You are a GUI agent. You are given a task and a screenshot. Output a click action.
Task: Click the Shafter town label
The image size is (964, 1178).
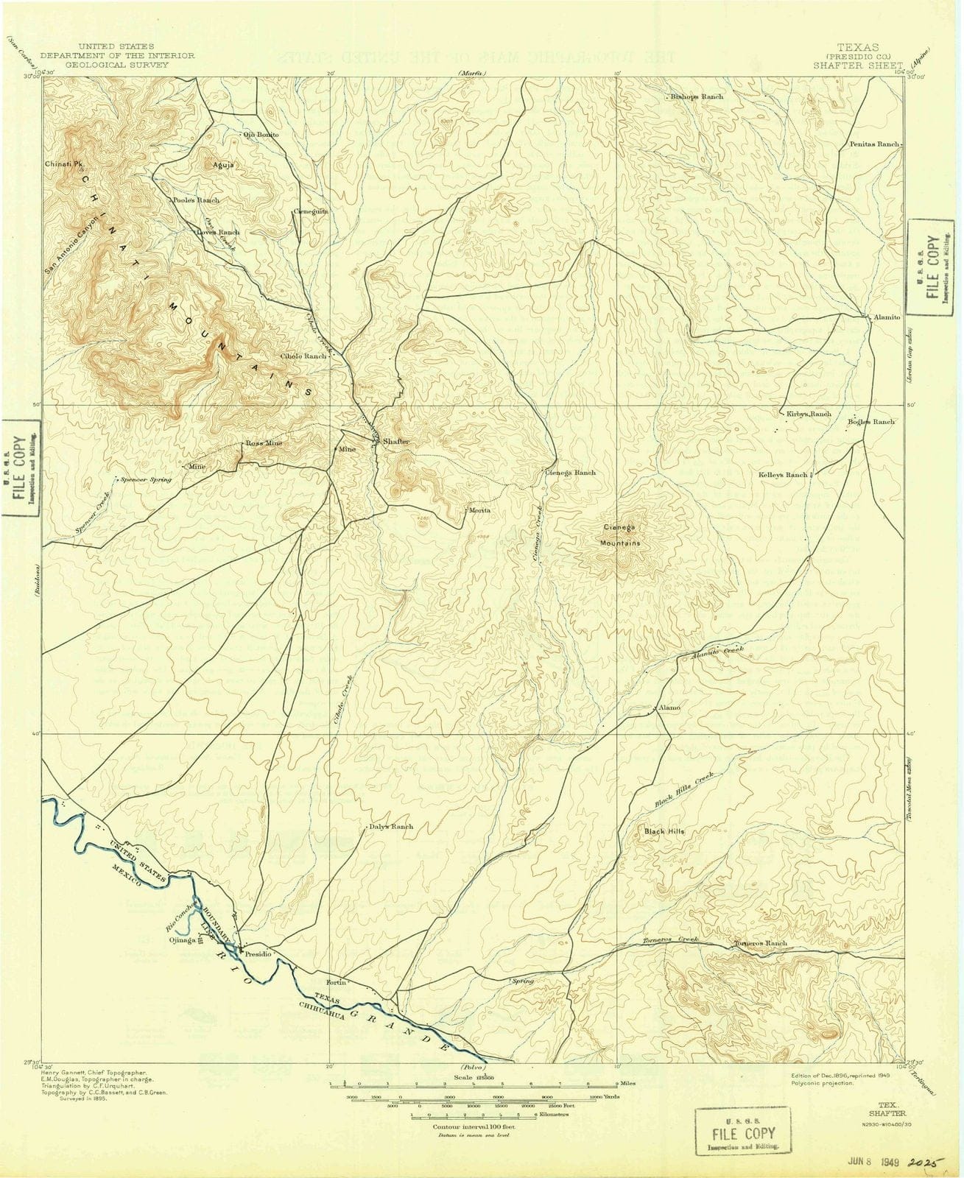pos(395,441)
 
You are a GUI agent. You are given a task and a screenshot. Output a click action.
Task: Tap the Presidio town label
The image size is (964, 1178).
pos(258,953)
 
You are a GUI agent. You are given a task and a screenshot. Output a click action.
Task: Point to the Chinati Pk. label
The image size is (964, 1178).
pos(60,164)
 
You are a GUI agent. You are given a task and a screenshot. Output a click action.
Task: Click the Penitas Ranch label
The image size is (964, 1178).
pos(874,144)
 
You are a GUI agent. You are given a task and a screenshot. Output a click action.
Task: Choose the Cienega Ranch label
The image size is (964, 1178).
pos(570,473)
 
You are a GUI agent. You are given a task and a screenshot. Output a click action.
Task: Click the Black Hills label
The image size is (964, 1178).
pos(664,831)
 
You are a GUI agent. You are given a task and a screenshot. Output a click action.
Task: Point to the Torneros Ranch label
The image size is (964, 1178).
pos(761,943)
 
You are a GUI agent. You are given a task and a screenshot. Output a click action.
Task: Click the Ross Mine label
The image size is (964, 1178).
pos(264,444)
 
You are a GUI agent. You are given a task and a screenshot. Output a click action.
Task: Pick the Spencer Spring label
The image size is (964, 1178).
pos(147,479)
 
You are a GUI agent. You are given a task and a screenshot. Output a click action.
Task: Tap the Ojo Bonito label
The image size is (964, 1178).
pos(261,135)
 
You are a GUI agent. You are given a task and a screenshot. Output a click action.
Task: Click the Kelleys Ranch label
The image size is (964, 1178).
pos(783,475)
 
